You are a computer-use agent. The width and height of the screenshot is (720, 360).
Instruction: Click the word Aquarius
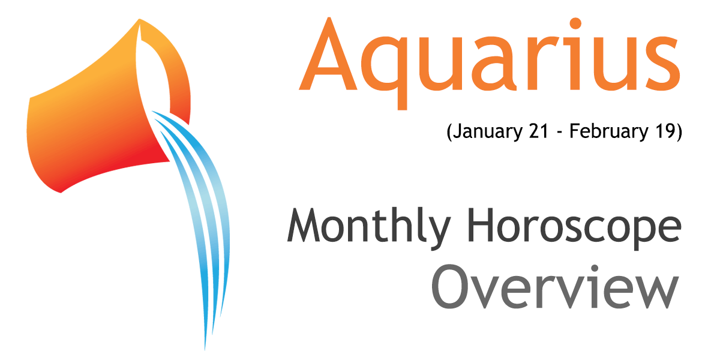pos(489,63)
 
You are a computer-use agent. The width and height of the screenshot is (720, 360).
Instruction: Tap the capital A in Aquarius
pos(328,53)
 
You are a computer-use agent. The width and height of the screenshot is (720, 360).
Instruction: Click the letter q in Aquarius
pos(385,73)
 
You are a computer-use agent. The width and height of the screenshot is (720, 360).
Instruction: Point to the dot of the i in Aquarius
pos(575,23)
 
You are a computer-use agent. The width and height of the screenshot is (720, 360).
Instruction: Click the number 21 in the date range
pos(538,131)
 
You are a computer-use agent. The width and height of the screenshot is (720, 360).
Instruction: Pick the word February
pos(609,132)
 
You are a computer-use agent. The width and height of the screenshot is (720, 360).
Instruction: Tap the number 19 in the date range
pos(664,131)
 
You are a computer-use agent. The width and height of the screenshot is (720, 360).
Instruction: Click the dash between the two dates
pos(559,133)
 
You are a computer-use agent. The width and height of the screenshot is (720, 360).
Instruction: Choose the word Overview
pos(555,287)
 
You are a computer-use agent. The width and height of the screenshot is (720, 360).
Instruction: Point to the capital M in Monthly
pos(304,225)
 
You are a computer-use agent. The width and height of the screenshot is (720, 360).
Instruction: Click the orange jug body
pos(93,128)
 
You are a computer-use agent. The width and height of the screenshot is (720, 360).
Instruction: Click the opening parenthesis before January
pos(449,133)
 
